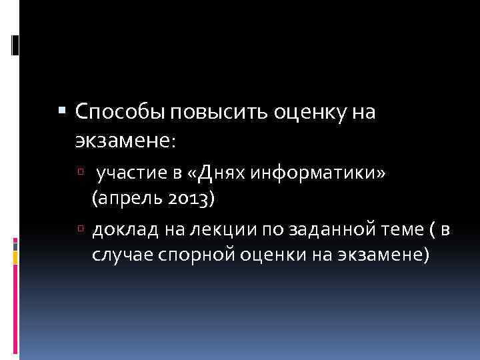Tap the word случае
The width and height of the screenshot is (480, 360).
[120, 254]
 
